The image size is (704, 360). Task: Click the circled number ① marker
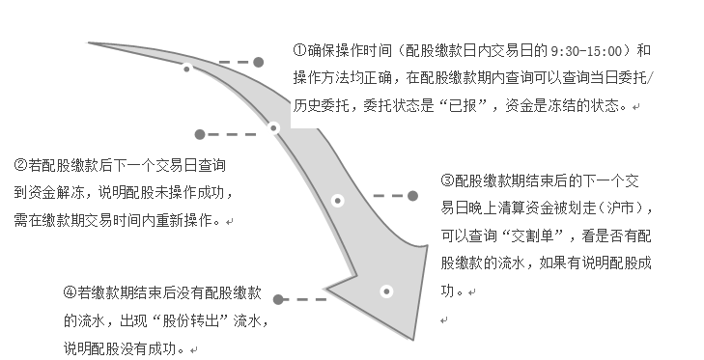pos(300,49)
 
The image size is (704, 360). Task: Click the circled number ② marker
pos(21,164)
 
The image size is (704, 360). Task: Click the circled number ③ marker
pos(446,180)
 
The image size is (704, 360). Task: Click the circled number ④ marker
pos(70,291)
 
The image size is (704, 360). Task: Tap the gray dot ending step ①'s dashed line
pos(258,62)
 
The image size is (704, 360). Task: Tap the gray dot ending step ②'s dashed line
pos(200,134)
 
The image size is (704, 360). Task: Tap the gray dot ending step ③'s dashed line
pos(412,196)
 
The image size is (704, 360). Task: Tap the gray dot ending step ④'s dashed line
pos(279,300)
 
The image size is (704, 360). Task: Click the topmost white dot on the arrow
pos(186,69)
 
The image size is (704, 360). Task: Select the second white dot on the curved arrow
pos(273,127)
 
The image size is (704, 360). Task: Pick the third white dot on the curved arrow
pos(337,201)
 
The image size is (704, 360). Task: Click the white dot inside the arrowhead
pos(386,291)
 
